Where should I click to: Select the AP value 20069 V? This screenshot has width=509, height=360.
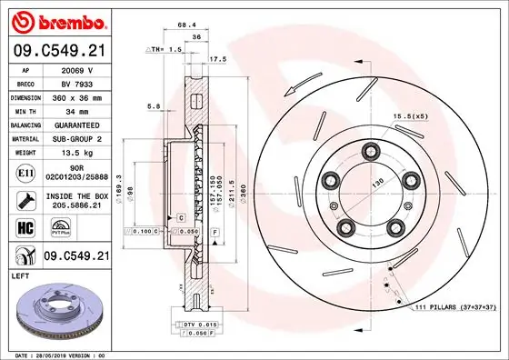click(x=76, y=68)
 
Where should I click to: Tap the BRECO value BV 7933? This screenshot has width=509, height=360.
click(x=76, y=82)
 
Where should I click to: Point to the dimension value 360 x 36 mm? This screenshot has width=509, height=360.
click(x=76, y=95)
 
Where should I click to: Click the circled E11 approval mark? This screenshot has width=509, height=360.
click(x=25, y=171)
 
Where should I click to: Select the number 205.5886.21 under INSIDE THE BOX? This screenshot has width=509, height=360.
click(x=76, y=206)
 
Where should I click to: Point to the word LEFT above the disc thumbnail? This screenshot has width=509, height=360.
click(x=20, y=275)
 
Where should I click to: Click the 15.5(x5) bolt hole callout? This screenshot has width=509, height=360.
click(x=410, y=117)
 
